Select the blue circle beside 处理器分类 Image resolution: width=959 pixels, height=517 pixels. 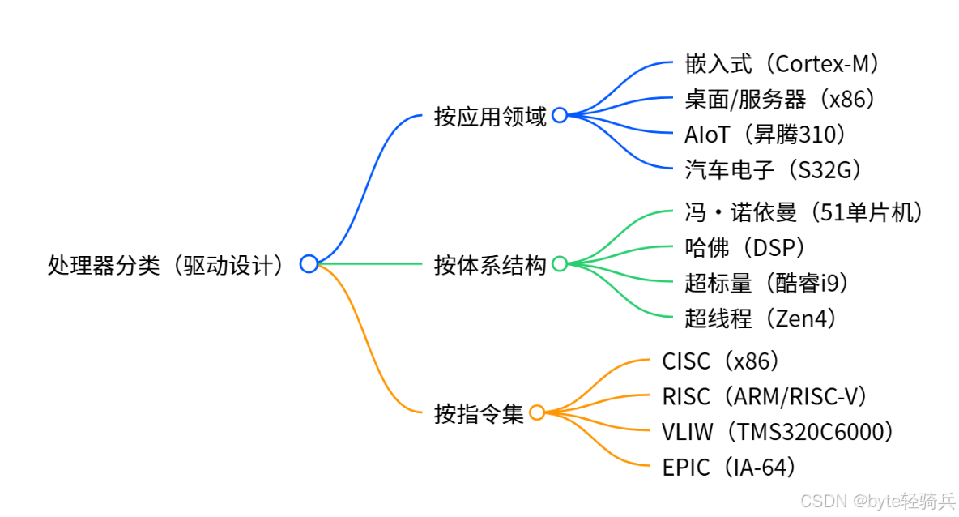[x=309, y=263]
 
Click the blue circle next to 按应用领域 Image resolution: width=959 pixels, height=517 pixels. [x=560, y=115]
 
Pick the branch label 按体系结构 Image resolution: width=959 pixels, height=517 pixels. [x=490, y=264]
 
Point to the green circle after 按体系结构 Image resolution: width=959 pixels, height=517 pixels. [x=560, y=263]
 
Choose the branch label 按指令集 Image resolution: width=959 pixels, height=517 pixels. [x=479, y=413]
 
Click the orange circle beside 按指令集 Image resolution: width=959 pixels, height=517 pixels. [x=537, y=412]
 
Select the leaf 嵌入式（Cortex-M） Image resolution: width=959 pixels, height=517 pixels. [x=782, y=63]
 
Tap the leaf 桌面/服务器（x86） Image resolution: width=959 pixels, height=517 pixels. [x=780, y=99]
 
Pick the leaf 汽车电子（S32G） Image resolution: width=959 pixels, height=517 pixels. [x=773, y=169]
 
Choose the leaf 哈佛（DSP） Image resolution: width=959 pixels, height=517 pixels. [x=745, y=248]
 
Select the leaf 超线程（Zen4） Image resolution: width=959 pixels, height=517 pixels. [x=760, y=318]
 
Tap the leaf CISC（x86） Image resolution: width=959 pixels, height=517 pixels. [x=721, y=361]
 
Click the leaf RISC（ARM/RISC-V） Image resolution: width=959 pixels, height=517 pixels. [x=765, y=396]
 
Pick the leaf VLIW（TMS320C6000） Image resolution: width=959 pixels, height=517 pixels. [x=778, y=432]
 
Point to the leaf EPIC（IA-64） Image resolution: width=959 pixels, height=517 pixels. [x=729, y=467]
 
